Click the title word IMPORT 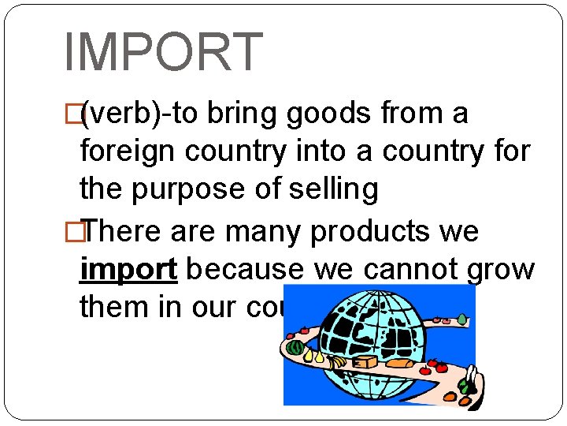pyautogui.click(x=162, y=53)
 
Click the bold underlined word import pyautogui.click(x=128, y=269)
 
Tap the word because pyautogui.click(x=243, y=269)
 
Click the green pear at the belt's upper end pyautogui.click(x=462, y=319)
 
